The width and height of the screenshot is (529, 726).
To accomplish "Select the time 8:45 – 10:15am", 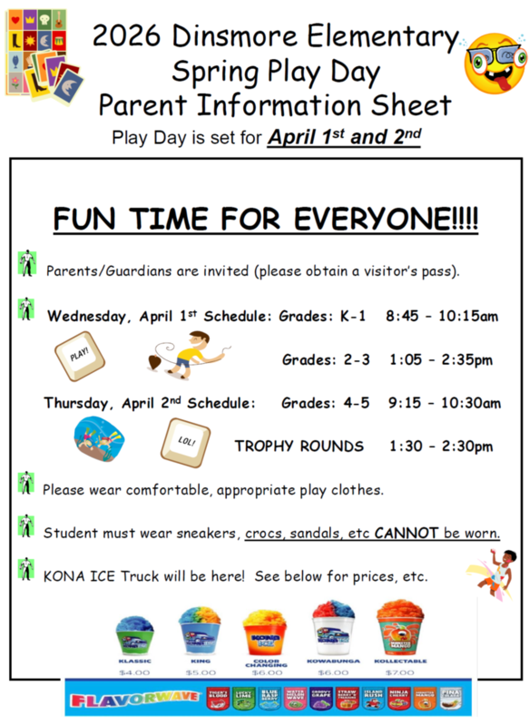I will coord(441,317).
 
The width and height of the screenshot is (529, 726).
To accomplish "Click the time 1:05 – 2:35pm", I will coord(441,360).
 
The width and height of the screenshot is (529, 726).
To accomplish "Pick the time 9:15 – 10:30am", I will coord(443,403).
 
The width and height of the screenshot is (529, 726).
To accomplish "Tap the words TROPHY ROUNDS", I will coord(299,446).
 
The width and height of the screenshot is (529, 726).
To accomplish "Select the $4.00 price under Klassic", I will coord(135,672).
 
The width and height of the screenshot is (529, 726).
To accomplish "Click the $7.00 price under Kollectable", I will coord(400,672).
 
